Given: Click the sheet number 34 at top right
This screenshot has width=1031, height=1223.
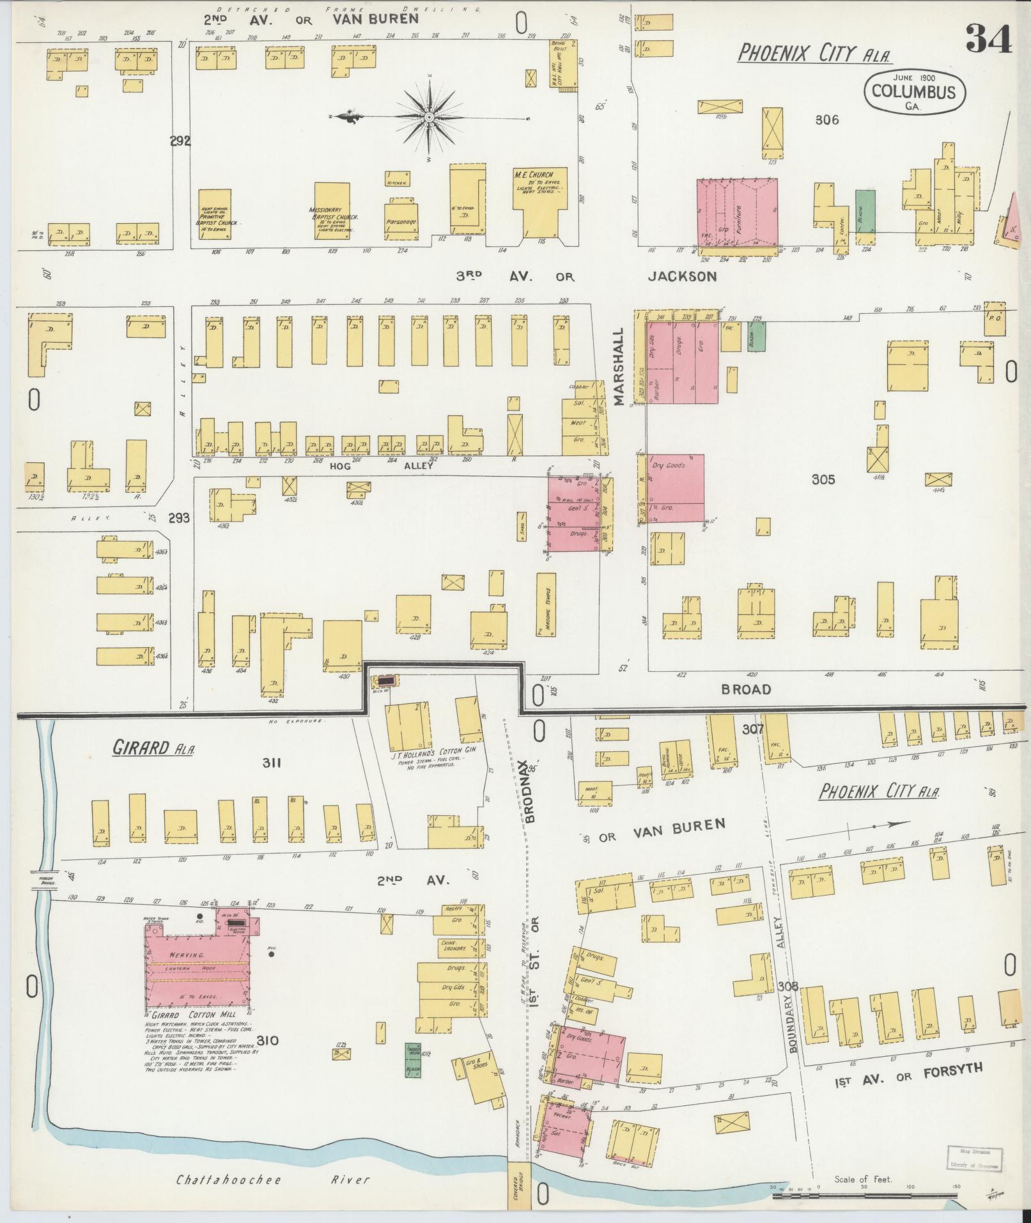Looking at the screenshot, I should [988, 40].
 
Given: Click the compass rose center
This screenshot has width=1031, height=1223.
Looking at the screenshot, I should [429, 118].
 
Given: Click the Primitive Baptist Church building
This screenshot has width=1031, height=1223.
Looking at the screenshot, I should [215, 214].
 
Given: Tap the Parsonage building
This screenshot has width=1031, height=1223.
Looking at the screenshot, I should [401, 221].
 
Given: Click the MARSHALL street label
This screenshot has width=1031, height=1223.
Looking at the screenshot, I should [618, 368].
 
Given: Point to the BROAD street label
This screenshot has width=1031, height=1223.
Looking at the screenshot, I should [746, 689].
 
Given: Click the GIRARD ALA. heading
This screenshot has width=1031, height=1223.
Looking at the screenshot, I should [153, 747].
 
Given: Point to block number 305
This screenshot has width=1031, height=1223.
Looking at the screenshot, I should [823, 479].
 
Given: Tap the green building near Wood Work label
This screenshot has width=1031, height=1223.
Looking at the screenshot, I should [413, 1059].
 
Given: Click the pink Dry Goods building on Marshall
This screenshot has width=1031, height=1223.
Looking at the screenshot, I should [676, 488].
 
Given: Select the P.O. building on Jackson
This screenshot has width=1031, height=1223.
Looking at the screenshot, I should [994, 318].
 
